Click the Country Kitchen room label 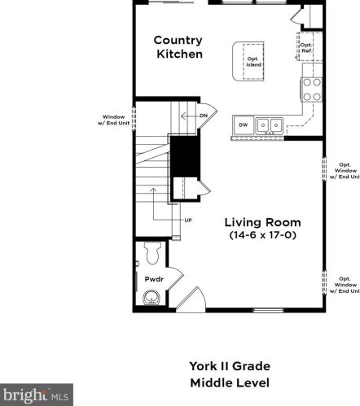point(178,47)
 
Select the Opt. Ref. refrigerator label point(306,47)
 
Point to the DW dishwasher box point(243,124)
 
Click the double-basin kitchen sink point(269,124)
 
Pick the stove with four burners point(311,89)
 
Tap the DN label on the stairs point(202,116)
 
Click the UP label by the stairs point(187,220)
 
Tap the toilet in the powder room point(152,253)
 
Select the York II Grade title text point(230,365)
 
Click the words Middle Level point(230,382)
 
